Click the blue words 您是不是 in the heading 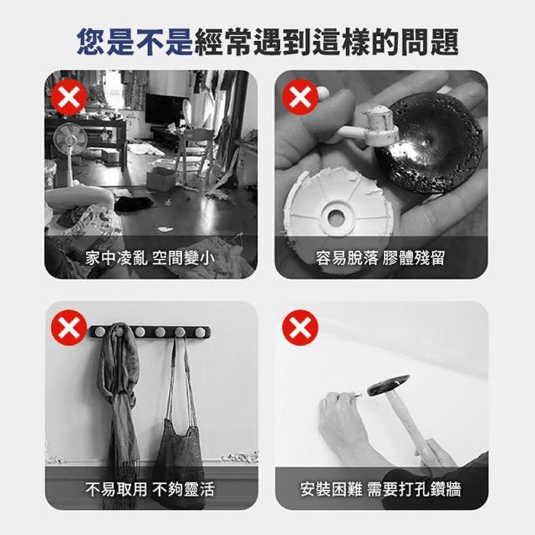[x=135, y=42]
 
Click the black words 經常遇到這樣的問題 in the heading [x=326, y=42]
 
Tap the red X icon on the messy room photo [x=69, y=97]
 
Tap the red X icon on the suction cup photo [x=300, y=97]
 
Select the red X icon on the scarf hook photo [x=69, y=328]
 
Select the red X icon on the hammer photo [x=300, y=328]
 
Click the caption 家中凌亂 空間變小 [x=150, y=257]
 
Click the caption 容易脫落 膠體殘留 [x=380, y=257]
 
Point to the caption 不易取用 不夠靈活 [x=150, y=489]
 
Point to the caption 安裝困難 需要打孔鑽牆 [x=380, y=489]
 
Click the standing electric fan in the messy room [x=70, y=150]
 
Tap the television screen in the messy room [x=161, y=110]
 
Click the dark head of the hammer [x=388, y=385]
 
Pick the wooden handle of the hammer [x=410, y=423]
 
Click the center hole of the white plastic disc [x=336, y=217]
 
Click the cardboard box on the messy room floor [x=161, y=177]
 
